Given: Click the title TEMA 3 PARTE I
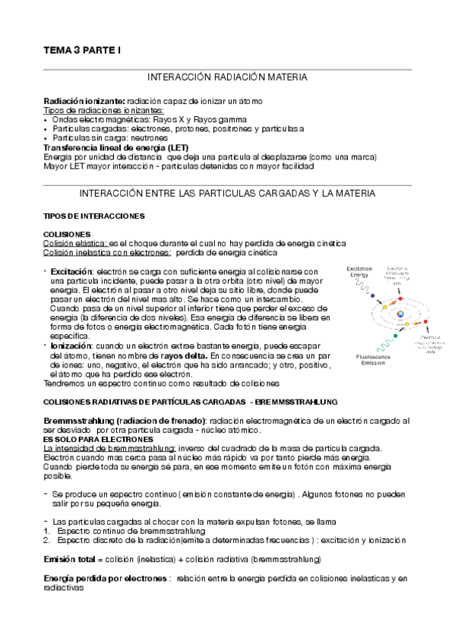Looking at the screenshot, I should click(x=82, y=50).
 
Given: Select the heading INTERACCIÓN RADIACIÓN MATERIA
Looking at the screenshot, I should click(x=227, y=77).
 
